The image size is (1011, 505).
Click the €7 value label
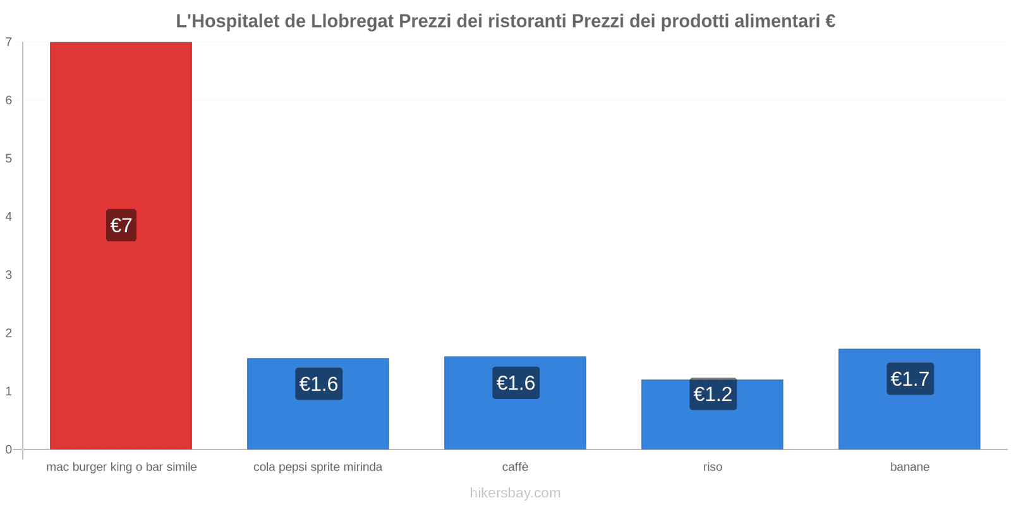tap(121, 225)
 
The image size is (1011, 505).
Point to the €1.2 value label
tap(713, 394)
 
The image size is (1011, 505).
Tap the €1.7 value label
tap(910, 379)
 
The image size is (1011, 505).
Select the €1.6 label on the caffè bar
tap(516, 383)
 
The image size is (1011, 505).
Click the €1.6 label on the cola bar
tap(318, 384)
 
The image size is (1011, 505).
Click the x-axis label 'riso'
tap(713, 467)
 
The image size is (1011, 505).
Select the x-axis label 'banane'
tap(910, 467)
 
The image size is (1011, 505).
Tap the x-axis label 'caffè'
tap(515, 467)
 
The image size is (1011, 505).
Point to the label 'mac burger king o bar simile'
tap(121, 467)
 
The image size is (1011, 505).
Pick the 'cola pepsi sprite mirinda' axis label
tap(318, 467)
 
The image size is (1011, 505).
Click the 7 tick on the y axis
tap(9, 42)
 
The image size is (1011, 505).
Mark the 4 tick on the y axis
tap(9, 217)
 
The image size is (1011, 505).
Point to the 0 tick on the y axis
tap(9, 449)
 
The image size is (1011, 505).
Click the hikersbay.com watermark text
tap(515, 493)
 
